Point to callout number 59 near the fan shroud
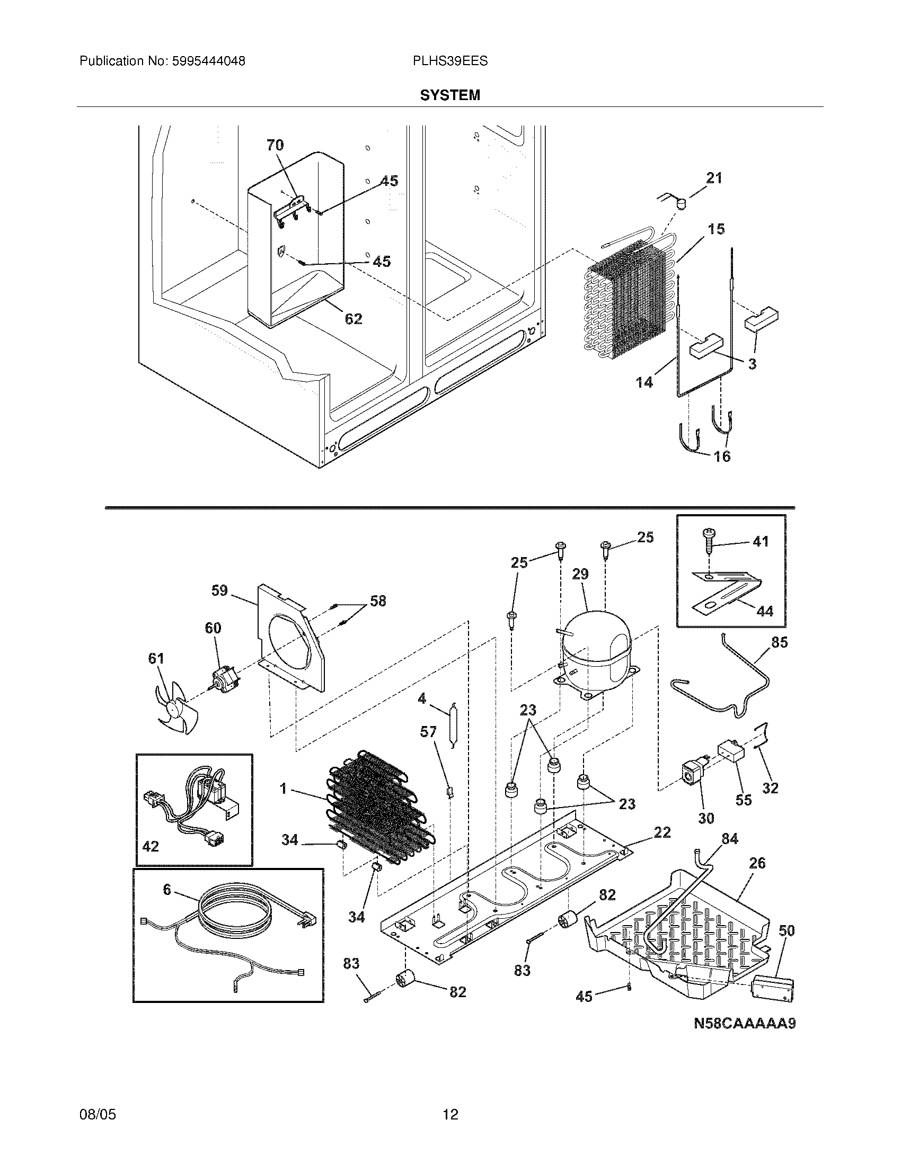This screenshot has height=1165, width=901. click(x=219, y=590)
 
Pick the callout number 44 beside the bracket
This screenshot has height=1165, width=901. click(x=765, y=611)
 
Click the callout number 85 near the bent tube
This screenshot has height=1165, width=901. click(x=779, y=642)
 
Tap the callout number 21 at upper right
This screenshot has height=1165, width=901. click(x=714, y=178)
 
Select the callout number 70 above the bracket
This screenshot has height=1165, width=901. click(x=276, y=145)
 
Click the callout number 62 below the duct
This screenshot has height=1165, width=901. click(x=354, y=319)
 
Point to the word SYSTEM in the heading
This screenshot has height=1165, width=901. click(x=450, y=95)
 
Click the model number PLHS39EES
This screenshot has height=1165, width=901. click(x=450, y=61)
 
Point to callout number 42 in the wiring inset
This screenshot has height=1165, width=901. click(x=151, y=847)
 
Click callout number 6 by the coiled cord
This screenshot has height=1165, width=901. click(x=167, y=889)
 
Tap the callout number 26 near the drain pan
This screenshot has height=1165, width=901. click(x=757, y=863)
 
